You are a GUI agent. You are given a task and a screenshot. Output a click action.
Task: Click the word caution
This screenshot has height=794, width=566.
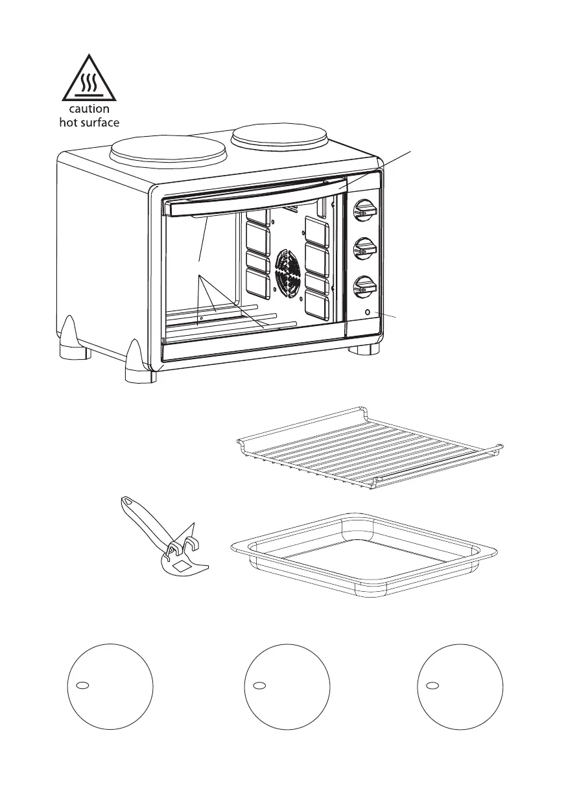(x=89, y=109)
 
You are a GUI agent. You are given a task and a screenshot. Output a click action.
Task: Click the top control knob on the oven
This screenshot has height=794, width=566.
(x=364, y=210)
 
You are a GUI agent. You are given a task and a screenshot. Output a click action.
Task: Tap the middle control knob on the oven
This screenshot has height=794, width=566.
(x=364, y=248)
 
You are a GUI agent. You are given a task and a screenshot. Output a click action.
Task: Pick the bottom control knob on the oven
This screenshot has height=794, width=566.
(x=364, y=286)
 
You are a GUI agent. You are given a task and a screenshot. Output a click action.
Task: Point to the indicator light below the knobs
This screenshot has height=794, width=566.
(x=368, y=312)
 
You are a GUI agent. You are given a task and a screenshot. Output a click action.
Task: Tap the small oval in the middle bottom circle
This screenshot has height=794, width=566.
(x=258, y=686)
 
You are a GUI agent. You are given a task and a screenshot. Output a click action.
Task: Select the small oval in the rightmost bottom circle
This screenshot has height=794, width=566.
(x=433, y=686)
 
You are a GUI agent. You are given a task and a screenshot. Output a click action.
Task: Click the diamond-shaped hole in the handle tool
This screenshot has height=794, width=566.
(x=183, y=566)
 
